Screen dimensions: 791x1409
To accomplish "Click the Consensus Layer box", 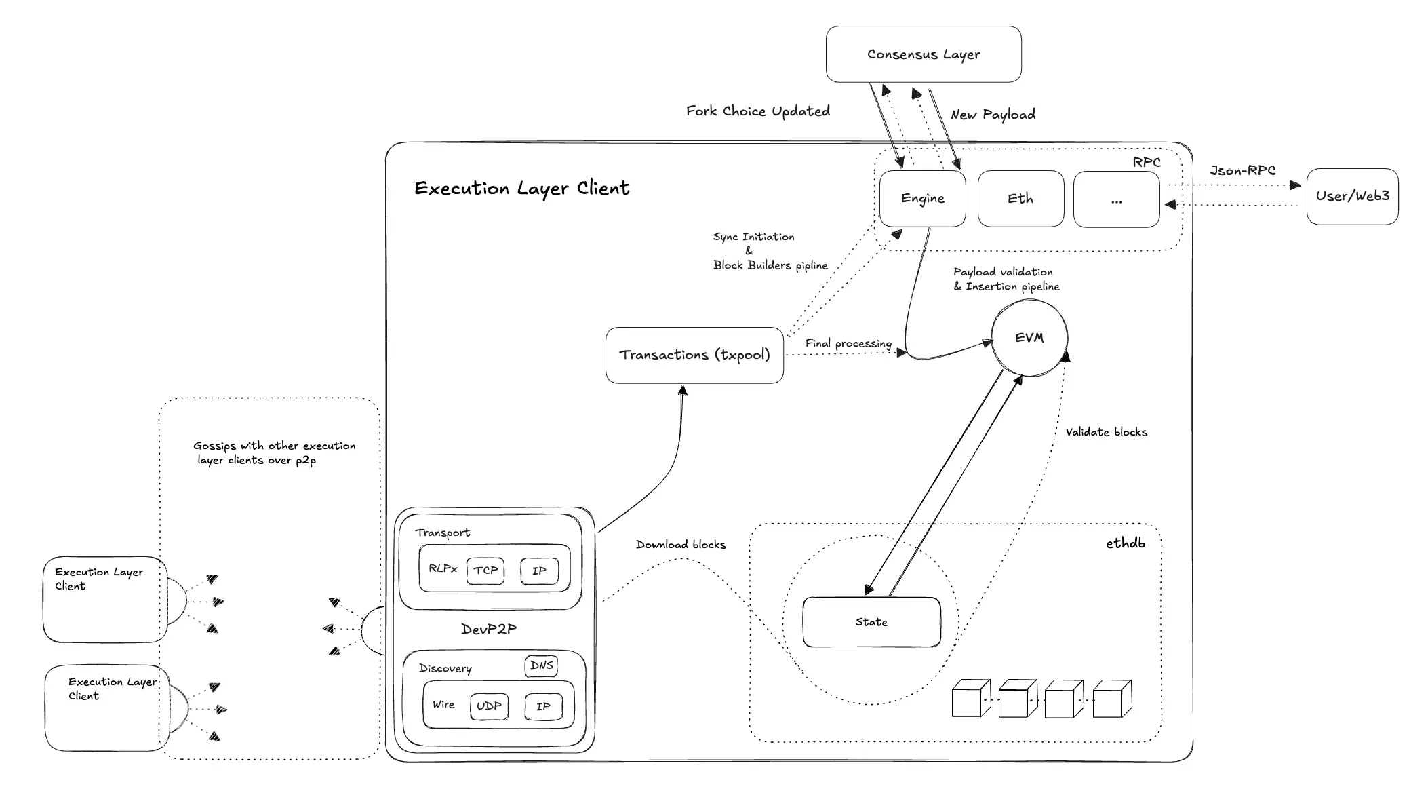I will [923, 54].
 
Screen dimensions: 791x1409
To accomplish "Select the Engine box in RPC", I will [922, 199].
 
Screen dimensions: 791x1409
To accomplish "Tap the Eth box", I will [1020, 199].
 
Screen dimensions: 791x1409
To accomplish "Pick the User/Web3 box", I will [1352, 197].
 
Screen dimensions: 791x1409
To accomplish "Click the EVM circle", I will [1029, 338].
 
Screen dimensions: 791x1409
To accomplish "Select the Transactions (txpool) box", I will [694, 355].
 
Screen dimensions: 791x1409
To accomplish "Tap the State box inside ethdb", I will [871, 622].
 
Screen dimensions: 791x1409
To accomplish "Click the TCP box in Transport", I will [485, 571].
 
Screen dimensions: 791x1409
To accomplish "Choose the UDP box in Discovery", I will [489, 706].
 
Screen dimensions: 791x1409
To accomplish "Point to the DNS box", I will [541, 665].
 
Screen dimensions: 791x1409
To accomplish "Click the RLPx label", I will [443, 568].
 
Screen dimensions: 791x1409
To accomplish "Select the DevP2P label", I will [488, 629].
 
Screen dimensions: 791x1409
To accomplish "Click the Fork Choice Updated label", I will [757, 111].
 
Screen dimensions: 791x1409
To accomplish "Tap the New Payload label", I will [993, 115].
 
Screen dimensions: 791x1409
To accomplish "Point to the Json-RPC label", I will [1242, 170].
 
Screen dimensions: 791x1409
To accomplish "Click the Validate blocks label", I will [1106, 432].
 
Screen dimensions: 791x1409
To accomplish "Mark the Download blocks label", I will [680, 545].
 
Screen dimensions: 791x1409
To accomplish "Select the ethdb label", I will [1125, 543].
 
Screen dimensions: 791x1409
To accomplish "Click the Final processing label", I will [848, 343].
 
